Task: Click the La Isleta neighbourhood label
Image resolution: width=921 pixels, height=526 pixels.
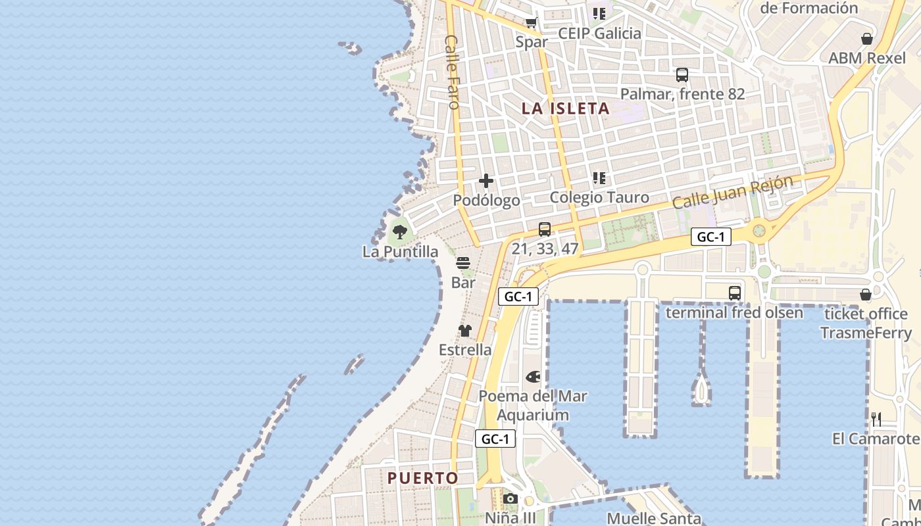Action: [566, 108]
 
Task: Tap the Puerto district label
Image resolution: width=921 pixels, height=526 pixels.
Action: [422, 478]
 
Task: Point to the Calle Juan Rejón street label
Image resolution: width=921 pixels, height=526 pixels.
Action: [733, 192]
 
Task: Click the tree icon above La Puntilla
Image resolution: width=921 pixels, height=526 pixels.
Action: [399, 231]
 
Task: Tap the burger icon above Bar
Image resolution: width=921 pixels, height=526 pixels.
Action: [463, 264]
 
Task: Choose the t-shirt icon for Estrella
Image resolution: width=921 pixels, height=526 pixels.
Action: [465, 330]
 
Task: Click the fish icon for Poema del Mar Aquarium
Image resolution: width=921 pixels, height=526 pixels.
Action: [533, 377]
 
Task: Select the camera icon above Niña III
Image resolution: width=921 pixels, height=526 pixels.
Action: [510, 499]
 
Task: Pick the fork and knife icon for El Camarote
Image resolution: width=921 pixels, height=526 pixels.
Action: [876, 419]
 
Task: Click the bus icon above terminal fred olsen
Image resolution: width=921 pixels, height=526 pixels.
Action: [734, 293]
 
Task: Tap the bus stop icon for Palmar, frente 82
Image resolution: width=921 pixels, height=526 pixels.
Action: [682, 75]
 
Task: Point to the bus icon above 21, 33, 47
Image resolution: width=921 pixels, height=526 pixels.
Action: [545, 229]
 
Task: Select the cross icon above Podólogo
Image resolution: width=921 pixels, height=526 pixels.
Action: [486, 181]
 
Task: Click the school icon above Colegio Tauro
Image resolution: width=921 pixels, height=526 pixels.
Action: [599, 178]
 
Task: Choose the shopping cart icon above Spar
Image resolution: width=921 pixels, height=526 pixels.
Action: [531, 23]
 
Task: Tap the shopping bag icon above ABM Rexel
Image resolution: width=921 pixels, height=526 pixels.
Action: [867, 39]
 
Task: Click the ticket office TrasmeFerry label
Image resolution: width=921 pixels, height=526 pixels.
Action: [866, 323]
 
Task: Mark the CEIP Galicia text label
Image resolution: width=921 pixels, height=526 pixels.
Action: [599, 34]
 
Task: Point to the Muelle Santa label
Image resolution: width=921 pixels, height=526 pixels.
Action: [654, 519]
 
